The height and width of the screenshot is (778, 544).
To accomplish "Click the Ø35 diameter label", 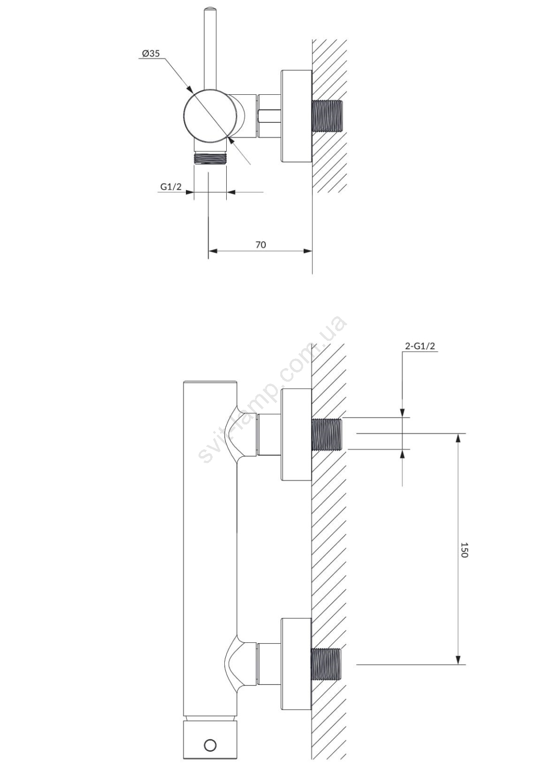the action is [150, 54].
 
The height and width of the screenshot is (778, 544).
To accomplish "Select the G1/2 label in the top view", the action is [171, 187].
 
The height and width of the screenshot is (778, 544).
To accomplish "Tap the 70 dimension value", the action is [261, 245].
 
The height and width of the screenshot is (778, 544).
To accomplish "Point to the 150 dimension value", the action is [464, 549].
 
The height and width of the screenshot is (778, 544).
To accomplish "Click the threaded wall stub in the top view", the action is [327, 116].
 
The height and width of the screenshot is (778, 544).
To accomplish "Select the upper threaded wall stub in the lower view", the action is [327, 434].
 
